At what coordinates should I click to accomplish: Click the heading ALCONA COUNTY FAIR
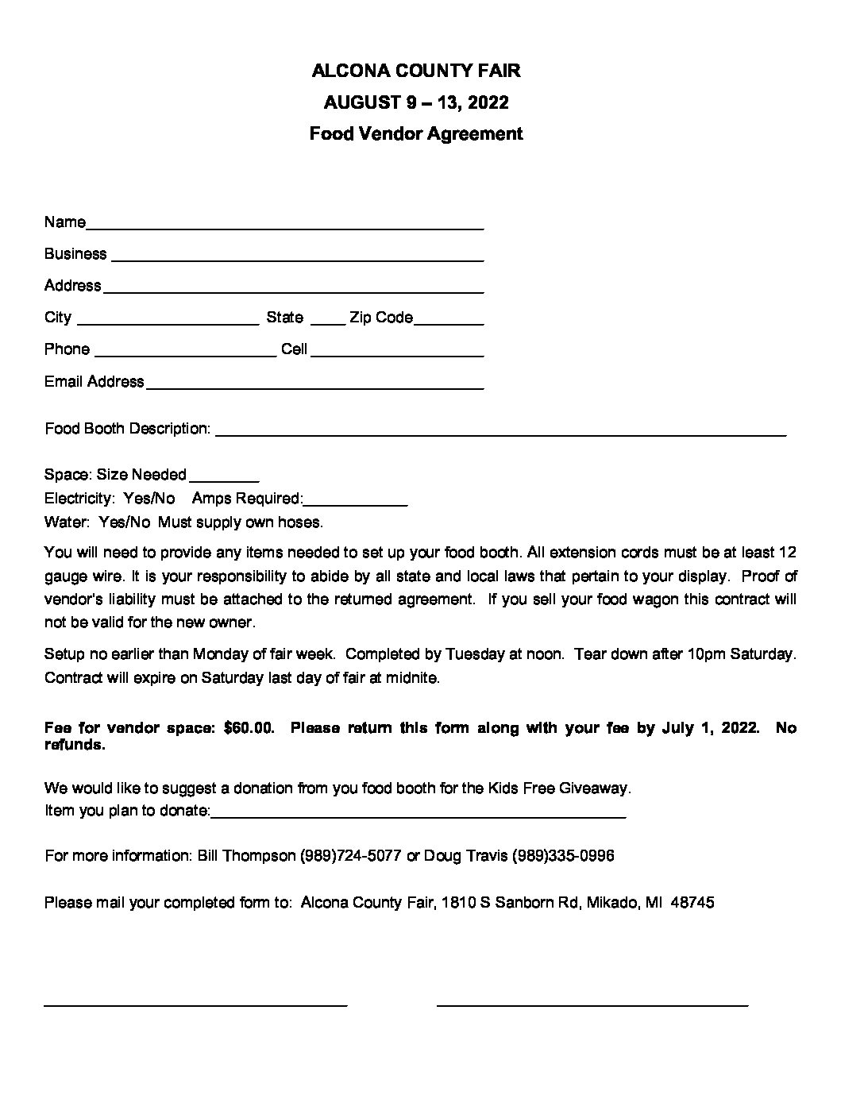pyautogui.click(x=416, y=71)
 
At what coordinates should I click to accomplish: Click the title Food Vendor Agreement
pyautogui.click(x=416, y=133)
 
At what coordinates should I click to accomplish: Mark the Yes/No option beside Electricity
pyautogui.click(x=149, y=499)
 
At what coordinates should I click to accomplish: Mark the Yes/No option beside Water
pyautogui.click(x=125, y=522)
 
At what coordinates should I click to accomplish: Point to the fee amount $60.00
pyautogui.click(x=249, y=728)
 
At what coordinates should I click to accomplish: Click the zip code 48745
pyautogui.click(x=692, y=903)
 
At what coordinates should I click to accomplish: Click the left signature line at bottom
pyautogui.click(x=195, y=1005)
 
